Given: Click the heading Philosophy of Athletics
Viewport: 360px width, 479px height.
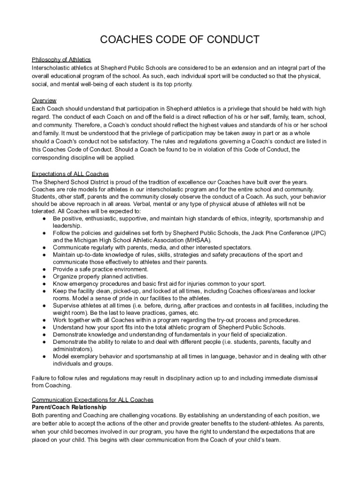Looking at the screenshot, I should pos(61,60).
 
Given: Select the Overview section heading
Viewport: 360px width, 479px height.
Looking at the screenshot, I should pos(44,101).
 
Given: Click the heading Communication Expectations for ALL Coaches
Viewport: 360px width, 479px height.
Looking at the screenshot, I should pos(92,400).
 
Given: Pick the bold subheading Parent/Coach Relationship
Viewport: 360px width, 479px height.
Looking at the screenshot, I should pos(69,407).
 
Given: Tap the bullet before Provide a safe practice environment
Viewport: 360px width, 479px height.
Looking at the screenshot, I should pos(43,269).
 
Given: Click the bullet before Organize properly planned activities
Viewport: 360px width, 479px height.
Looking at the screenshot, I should pos(43,276).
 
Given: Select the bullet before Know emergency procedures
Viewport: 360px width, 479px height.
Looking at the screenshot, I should pos(43,284).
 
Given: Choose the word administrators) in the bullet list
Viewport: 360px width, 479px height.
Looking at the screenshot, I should pos(73,349).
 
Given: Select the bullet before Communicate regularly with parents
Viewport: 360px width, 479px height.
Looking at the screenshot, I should pos(43,247).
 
